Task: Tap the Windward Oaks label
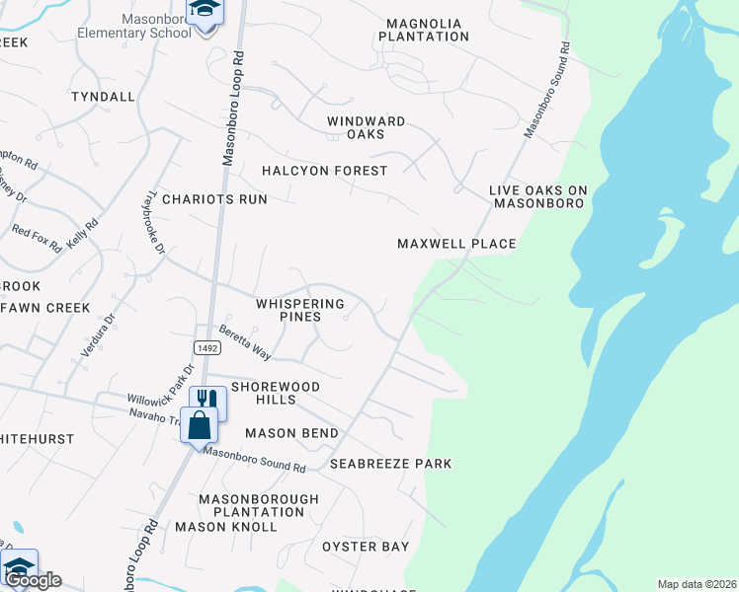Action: point(367,127)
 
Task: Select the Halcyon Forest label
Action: point(325,171)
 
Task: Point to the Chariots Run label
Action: point(214,198)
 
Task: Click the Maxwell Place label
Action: point(456,243)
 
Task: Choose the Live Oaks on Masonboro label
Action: point(537,196)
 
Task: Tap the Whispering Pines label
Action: point(299,311)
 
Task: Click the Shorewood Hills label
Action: point(263,393)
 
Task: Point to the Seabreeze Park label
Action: point(390,464)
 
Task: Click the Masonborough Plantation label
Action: point(259,505)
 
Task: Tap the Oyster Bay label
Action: point(366,547)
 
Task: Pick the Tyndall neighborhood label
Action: point(103,97)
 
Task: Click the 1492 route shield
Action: point(206,347)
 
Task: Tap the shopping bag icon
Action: point(199,425)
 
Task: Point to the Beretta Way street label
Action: point(245,341)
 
